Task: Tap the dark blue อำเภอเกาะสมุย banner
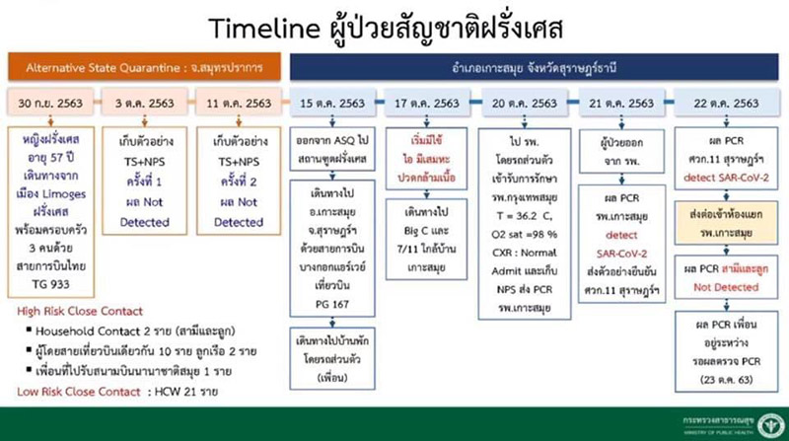pyautogui.click(x=533, y=67)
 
